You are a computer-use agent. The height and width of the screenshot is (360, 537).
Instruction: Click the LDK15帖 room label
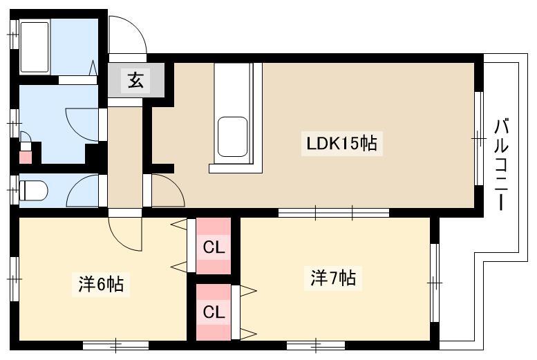[x=341, y=144]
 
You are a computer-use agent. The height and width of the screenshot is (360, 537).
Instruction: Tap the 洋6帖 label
[x=101, y=283]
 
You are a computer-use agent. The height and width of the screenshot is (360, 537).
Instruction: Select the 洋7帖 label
[x=333, y=278]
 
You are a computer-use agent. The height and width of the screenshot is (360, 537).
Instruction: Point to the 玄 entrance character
[x=136, y=80]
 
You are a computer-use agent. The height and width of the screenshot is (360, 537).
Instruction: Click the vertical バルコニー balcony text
[x=501, y=164]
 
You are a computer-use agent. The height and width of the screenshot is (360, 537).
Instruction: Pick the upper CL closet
[x=214, y=246]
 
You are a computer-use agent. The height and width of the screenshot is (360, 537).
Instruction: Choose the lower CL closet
[x=214, y=312]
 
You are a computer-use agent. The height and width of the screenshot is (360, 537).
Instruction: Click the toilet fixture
[x=33, y=191]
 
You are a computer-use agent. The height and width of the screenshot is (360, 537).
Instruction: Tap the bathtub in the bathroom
[x=35, y=47]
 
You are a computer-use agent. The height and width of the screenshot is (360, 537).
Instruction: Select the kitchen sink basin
[x=232, y=137]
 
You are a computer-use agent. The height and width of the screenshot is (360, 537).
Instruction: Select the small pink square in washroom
[x=26, y=157]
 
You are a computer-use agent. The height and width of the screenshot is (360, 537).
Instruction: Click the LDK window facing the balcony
[x=479, y=138]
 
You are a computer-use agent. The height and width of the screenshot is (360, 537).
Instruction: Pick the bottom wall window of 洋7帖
[x=315, y=345]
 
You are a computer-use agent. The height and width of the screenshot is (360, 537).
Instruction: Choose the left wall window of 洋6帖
[x=14, y=279]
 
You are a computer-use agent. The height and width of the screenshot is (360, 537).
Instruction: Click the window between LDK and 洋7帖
[x=334, y=213]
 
